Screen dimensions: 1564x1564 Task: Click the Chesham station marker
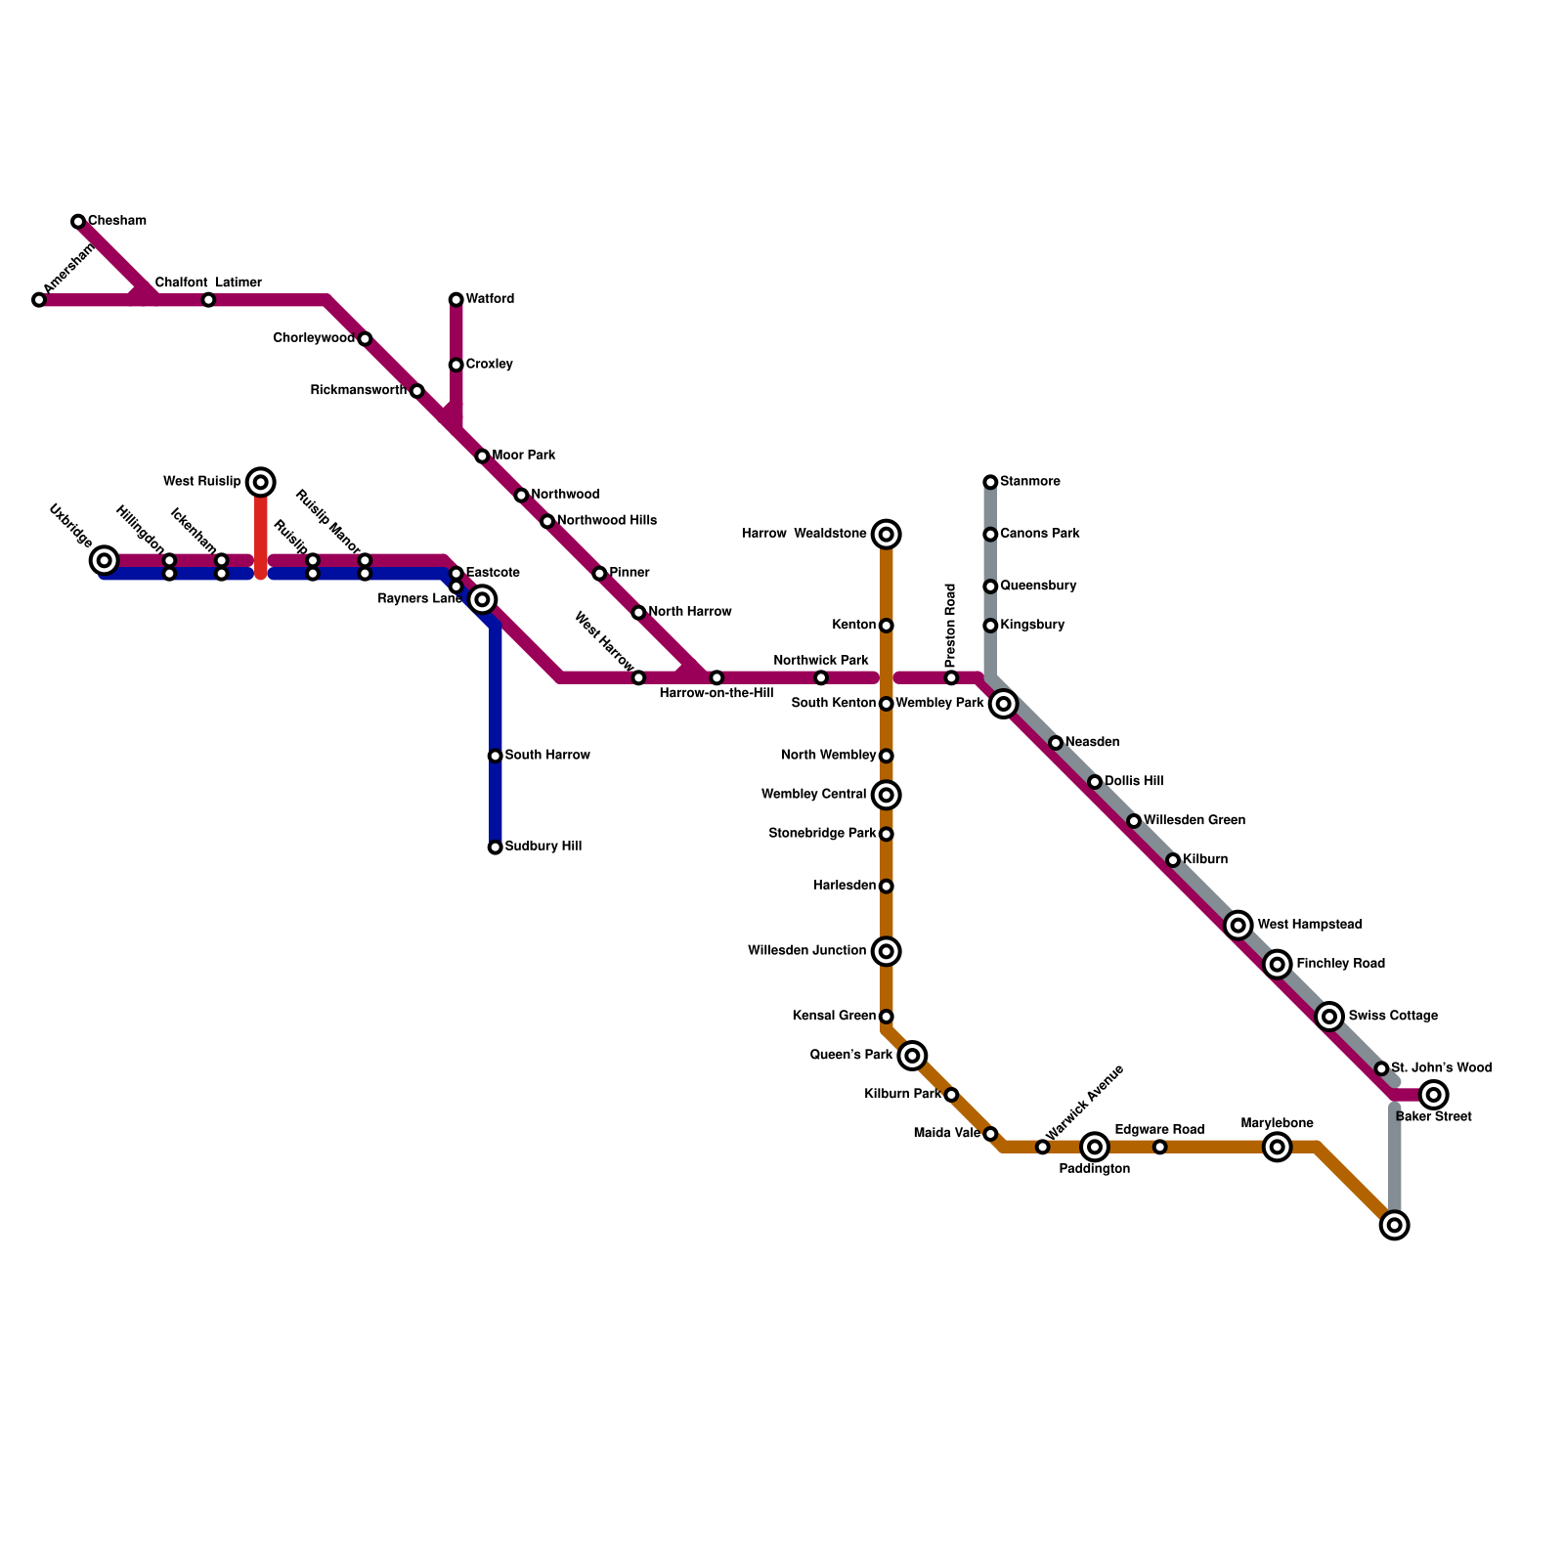point(78,222)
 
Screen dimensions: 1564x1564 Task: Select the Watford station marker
point(456,299)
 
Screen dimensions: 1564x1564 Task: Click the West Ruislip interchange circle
point(260,482)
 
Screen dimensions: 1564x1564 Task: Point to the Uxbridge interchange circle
point(104,560)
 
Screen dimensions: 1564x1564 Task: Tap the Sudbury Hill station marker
point(495,847)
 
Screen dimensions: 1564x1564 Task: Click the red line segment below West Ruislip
point(261,533)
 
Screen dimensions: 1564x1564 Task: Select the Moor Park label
point(524,456)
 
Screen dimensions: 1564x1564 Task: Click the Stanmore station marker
point(990,482)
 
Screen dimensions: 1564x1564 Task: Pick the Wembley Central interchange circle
point(886,795)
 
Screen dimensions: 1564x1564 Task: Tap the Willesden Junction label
point(806,951)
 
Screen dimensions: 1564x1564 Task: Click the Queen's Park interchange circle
point(912,1056)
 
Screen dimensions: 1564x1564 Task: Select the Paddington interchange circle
point(1095,1147)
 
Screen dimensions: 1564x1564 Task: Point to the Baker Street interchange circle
point(1433,1095)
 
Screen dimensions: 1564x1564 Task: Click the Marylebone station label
point(1277,1124)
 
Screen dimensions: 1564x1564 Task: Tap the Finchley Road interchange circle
point(1277,965)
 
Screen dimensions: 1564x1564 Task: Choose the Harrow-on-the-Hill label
point(716,694)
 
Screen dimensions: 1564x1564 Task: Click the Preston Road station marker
point(951,677)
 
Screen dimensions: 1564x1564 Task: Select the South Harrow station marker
point(495,756)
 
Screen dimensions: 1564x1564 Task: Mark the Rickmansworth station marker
point(416,391)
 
